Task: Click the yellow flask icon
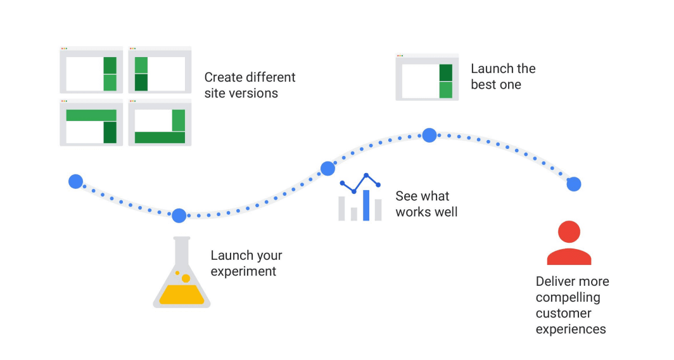click(x=182, y=279)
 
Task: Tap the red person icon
click(x=569, y=243)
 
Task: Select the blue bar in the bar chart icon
click(x=366, y=205)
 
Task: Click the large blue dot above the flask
click(x=179, y=215)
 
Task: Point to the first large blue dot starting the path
click(x=76, y=182)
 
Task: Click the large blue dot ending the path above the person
click(x=574, y=184)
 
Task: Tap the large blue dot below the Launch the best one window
click(x=429, y=135)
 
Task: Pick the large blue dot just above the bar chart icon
click(x=327, y=169)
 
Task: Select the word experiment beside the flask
click(x=243, y=271)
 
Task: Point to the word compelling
click(x=568, y=297)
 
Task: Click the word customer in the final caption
click(x=563, y=313)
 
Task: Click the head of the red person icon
click(x=569, y=233)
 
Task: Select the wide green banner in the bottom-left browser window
click(x=91, y=115)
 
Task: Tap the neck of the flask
click(x=182, y=250)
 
